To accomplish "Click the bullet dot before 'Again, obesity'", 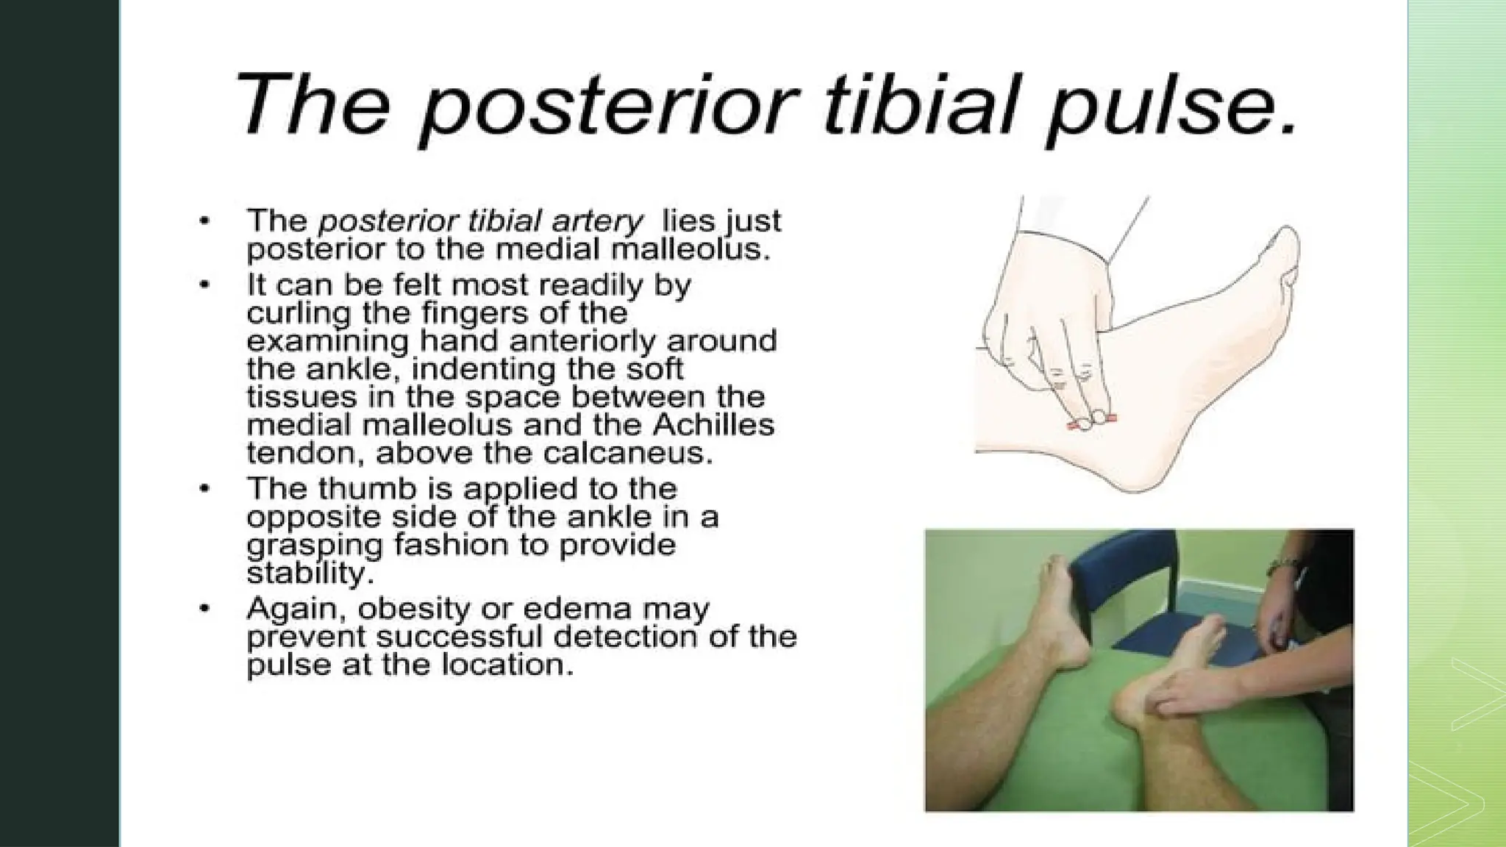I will coord(208,610).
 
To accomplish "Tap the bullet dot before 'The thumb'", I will coord(208,489).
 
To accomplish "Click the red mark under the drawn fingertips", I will coord(1092,423).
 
